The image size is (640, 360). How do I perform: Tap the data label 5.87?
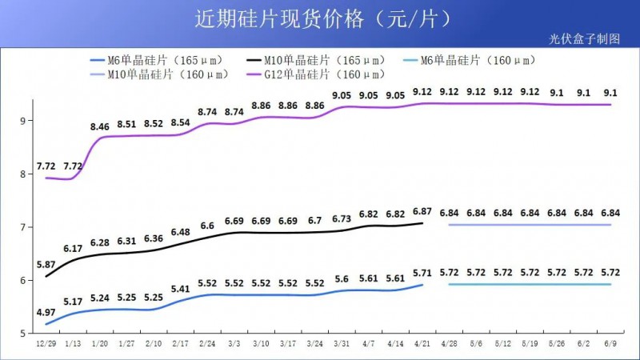[x=46, y=264]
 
